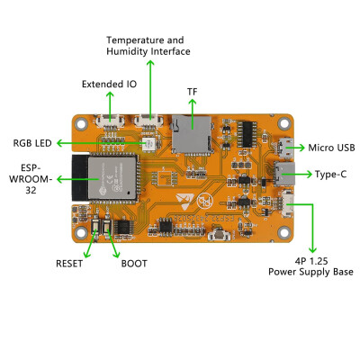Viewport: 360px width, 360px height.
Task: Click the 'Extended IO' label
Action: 109,84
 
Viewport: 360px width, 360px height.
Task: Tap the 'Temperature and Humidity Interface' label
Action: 148,46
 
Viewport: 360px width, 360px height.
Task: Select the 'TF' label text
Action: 193,92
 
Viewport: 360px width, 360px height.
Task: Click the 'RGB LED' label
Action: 32,143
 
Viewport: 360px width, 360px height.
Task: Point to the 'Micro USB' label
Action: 331,148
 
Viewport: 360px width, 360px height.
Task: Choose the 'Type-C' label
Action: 330,174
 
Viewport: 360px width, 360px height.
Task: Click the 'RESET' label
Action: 69,264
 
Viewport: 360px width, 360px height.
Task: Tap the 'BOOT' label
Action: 134,264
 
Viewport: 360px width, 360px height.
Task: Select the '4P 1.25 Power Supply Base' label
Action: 310,266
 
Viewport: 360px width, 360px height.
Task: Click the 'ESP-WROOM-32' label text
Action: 31,179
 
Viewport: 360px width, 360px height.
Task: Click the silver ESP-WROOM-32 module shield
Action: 112,177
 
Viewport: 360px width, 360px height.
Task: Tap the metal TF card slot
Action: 192,133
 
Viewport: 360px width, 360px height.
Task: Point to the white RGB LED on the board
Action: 148,144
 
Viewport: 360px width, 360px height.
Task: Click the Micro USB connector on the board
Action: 285,148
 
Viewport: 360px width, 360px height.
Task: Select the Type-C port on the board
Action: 284,174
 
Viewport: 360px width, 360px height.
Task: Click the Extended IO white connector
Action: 110,121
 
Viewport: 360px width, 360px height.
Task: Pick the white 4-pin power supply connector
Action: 287,204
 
